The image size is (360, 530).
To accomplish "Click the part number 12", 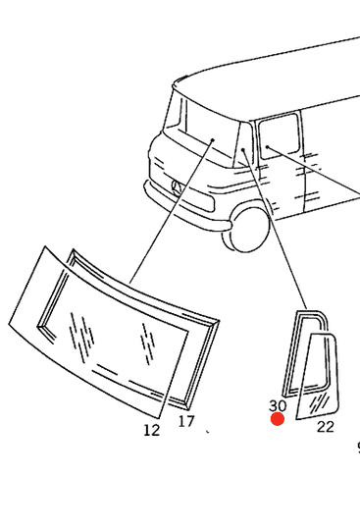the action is pyautogui.click(x=152, y=430).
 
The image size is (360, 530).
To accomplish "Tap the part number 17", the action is pyautogui.click(x=186, y=421).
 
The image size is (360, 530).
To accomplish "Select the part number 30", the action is pyautogui.click(x=278, y=405).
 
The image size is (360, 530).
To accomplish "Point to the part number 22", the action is pyautogui.click(x=326, y=427).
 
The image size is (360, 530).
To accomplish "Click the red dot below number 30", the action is pyautogui.click(x=278, y=419).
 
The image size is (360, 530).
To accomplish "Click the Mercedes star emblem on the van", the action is pyautogui.click(x=178, y=187).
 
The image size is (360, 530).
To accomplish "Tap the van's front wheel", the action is pyautogui.click(x=246, y=229).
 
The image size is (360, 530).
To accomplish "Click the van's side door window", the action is pyautogui.click(x=279, y=135).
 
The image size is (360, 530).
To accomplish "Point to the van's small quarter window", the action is pyautogui.click(x=242, y=145).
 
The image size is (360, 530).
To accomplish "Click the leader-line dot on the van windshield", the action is pyautogui.click(x=213, y=139).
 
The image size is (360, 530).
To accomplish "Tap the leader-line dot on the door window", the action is pyautogui.click(x=267, y=146).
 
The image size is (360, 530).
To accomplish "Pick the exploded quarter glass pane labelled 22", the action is pyautogui.click(x=318, y=375).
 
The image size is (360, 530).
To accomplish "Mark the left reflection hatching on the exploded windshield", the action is pyautogui.click(x=81, y=335).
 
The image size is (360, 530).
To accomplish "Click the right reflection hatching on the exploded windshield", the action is pyautogui.click(x=147, y=344).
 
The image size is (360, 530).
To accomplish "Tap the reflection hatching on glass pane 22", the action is pyautogui.click(x=319, y=403).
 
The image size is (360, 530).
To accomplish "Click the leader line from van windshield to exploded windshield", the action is pyautogui.click(x=172, y=211).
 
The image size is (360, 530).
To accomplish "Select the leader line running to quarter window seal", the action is pyautogui.click(x=275, y=229).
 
